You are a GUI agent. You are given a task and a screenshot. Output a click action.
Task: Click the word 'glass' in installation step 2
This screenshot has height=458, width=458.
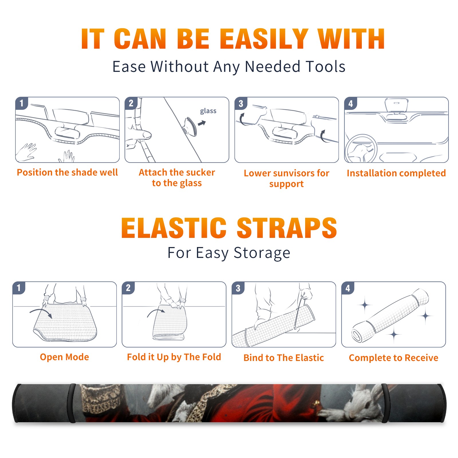coord(208,111)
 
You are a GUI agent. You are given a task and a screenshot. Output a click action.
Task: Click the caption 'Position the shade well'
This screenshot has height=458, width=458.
coord(67,172)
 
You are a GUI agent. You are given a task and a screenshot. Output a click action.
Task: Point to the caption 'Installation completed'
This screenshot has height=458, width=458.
coord(396,173)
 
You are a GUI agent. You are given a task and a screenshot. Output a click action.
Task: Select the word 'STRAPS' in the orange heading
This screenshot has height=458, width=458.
coord(287,228)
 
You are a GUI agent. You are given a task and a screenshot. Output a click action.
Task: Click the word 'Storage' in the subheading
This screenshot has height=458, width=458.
coord(262,253)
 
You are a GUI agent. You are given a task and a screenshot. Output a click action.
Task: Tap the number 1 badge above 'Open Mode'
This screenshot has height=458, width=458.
coord(19,288)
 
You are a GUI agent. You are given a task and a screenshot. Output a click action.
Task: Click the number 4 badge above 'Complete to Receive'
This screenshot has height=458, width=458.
coord(348,288)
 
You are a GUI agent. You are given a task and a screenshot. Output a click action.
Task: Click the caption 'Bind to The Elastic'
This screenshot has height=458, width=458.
coord(284,358)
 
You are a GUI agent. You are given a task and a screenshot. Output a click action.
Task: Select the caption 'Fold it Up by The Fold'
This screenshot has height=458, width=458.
coord(174,357)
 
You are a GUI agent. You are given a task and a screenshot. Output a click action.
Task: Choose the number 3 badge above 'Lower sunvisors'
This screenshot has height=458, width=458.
coord(241,103)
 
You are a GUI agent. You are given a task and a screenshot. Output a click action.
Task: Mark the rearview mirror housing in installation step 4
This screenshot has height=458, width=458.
coord(396,105)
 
